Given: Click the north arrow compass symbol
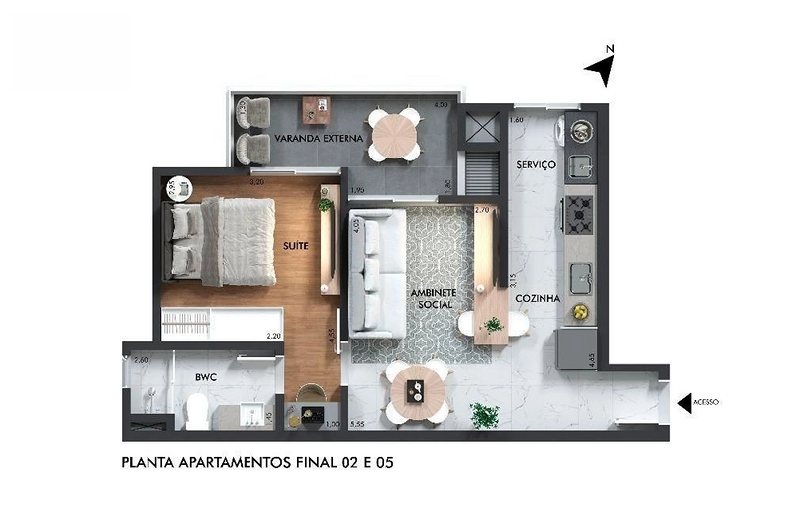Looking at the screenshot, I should point(602,68).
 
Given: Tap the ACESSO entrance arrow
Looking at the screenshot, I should point(683,403).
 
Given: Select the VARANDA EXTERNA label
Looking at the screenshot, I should point(311,138).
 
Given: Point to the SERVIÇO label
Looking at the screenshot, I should point(536,163).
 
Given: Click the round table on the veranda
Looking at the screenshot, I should point(393,133).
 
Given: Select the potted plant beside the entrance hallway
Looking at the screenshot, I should point(484,414).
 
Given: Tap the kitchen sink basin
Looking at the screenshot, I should point(580,272).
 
